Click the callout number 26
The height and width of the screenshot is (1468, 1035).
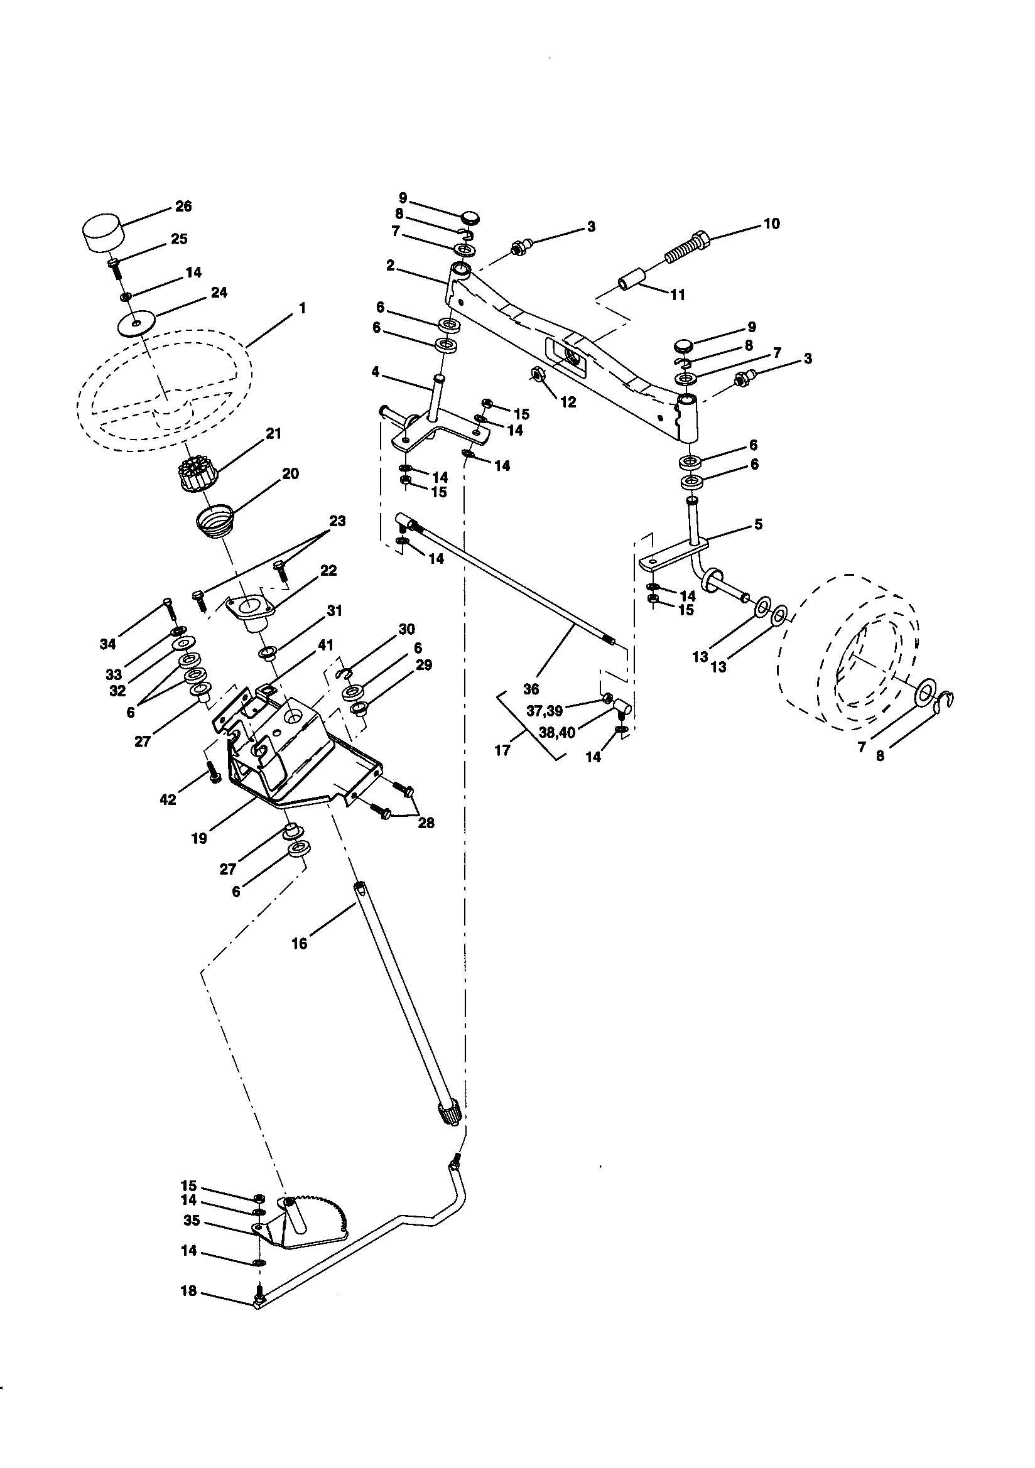(x=183, y=207)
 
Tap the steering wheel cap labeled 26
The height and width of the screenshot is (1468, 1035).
(x=102, y=234)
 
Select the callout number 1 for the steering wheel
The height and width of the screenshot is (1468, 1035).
(x=302, y=308)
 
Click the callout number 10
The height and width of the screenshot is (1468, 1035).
(x=771, y=224)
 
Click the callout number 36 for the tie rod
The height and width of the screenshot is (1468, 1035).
(x=531, y=689)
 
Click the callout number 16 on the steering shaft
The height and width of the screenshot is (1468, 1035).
(x=299, y=943)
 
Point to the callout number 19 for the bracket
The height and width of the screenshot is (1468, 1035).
(x=199, y=838)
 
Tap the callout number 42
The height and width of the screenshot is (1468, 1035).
(x=167, y=800)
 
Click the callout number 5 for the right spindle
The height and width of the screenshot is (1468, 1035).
(x=758, y=524)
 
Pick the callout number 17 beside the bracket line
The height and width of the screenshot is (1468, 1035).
(x=502, y=750)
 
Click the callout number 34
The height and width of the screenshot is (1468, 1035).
(x=107, y=644)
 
